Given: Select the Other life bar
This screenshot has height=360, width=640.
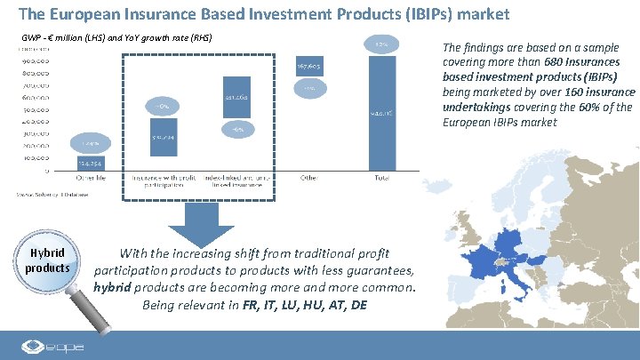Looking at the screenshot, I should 88,164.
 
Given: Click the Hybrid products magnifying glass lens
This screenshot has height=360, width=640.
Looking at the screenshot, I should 47,260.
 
